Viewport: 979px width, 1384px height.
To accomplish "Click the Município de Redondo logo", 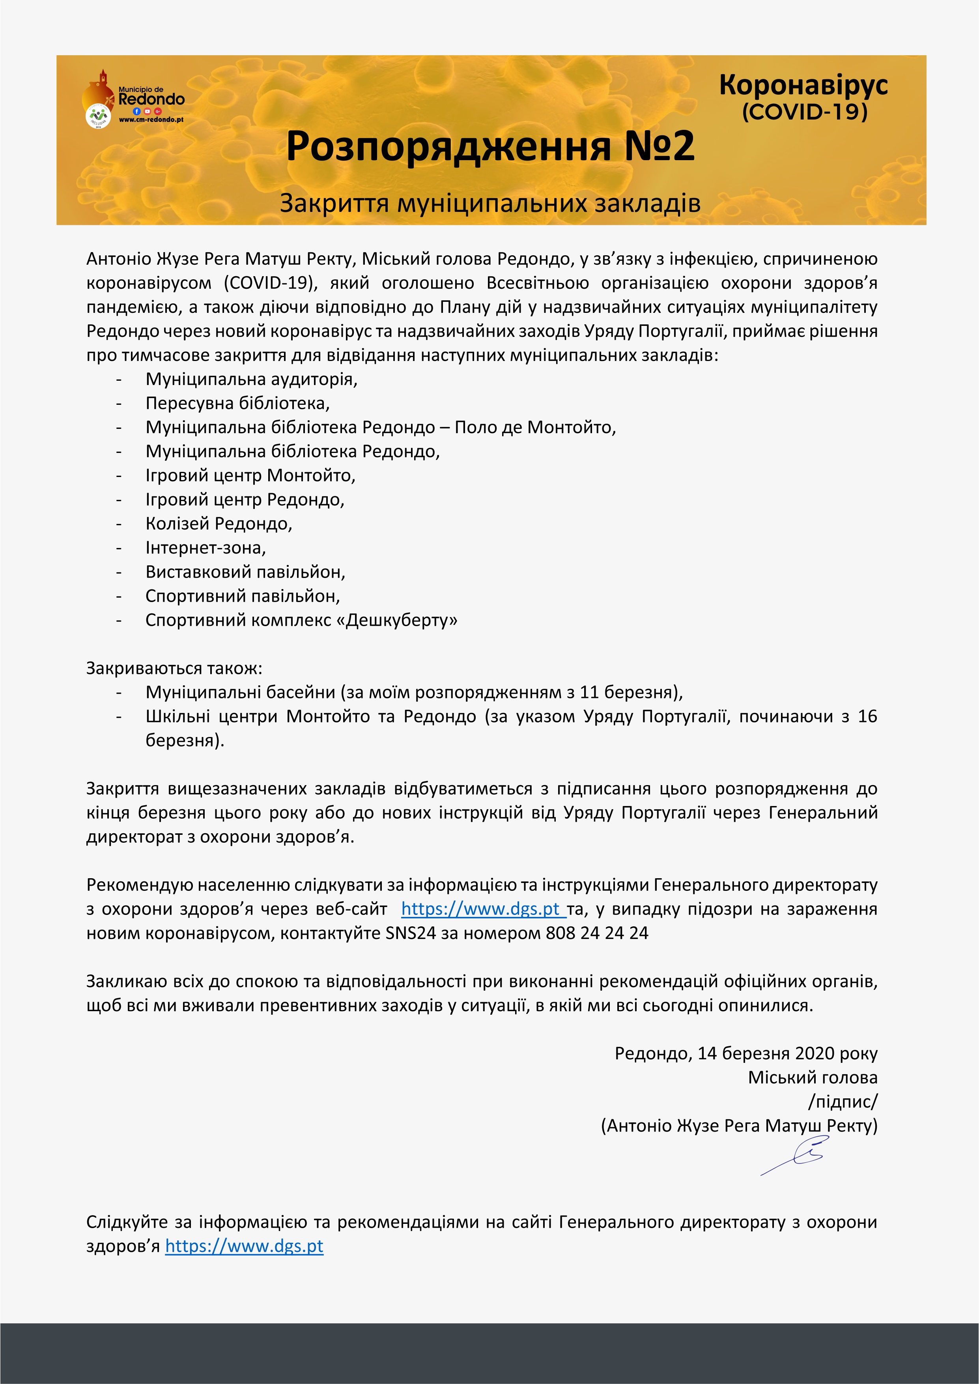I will click(x=133, y=99).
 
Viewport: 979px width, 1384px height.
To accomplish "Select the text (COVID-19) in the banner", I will click(x=804, y=112).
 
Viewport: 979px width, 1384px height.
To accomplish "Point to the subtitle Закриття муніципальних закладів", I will click(x=489, y=203).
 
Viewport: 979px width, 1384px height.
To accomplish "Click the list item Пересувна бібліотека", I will click(x=237, y=403).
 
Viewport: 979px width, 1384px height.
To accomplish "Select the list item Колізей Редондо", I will click(x=219, y=524).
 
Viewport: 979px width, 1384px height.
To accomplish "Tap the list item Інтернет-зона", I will click(x=206, y=548).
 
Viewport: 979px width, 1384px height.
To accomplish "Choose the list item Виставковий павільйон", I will click(x=245, y=572).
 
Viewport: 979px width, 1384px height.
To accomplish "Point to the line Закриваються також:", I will click(x=174, y=668).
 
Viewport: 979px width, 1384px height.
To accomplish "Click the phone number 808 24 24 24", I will click(x=597, y=933).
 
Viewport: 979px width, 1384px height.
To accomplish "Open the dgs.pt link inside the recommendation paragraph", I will click(x=481, y=909).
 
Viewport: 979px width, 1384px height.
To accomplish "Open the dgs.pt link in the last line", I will click(x=244, y=1247).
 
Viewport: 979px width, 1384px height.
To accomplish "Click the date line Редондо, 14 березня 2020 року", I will click(x=746, y=1054).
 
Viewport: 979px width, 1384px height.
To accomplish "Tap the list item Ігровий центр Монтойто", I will click(x=250, y=475).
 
